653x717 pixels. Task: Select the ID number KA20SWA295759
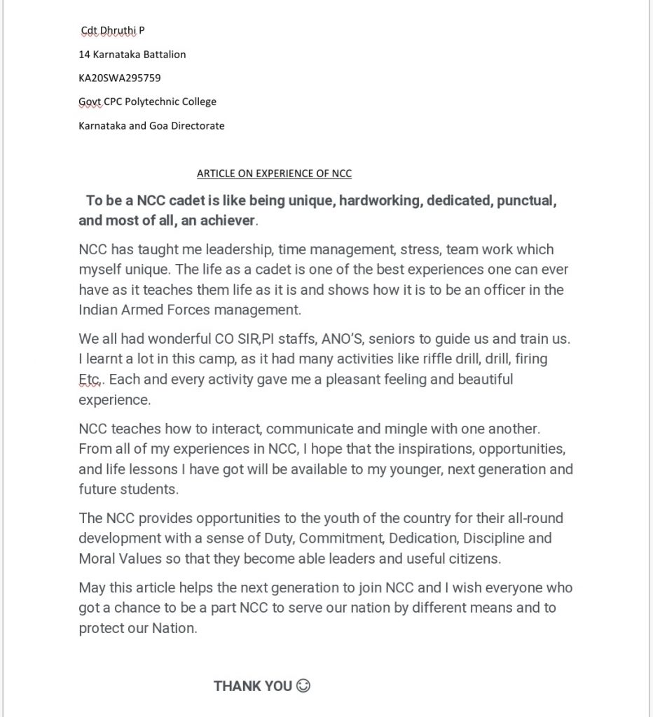[120, 78]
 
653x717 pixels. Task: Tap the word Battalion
[163, 54]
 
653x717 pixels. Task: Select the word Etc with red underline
[90, 380]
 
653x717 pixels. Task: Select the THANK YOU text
[252, 686]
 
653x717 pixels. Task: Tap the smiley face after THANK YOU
[303, 685]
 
